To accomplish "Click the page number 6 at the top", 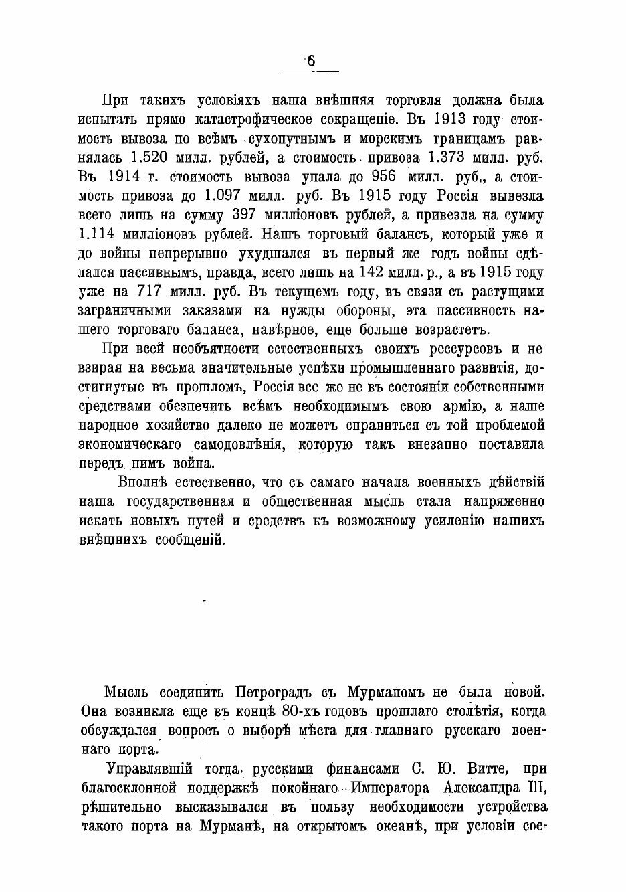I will coord(311,62).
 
